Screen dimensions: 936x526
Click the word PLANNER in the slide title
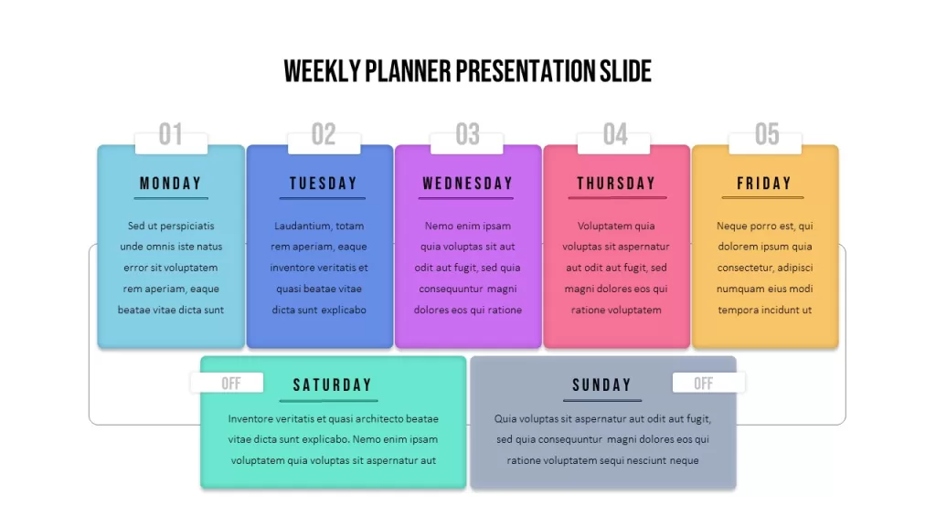pos(408,71)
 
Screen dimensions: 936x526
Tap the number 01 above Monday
pos(171,134)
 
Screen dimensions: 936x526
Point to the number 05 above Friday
pos(767,134)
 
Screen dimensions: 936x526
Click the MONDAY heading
pos(171,183)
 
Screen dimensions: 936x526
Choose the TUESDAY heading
pos(323,183)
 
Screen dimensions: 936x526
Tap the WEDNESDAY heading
pos(467,183)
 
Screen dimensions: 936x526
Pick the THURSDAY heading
pos(616,183)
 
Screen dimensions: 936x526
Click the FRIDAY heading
pos(764,183)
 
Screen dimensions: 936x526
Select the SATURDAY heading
pos(333,385)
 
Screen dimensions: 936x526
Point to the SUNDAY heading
pos(601,385)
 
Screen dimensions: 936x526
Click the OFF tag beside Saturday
pos(231,384)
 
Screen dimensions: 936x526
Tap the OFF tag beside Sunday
pos(703,384)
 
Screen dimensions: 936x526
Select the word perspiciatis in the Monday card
pos(186,226)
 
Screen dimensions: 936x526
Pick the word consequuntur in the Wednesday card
pos(451,289)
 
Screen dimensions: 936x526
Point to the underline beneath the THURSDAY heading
pos(617,197)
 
